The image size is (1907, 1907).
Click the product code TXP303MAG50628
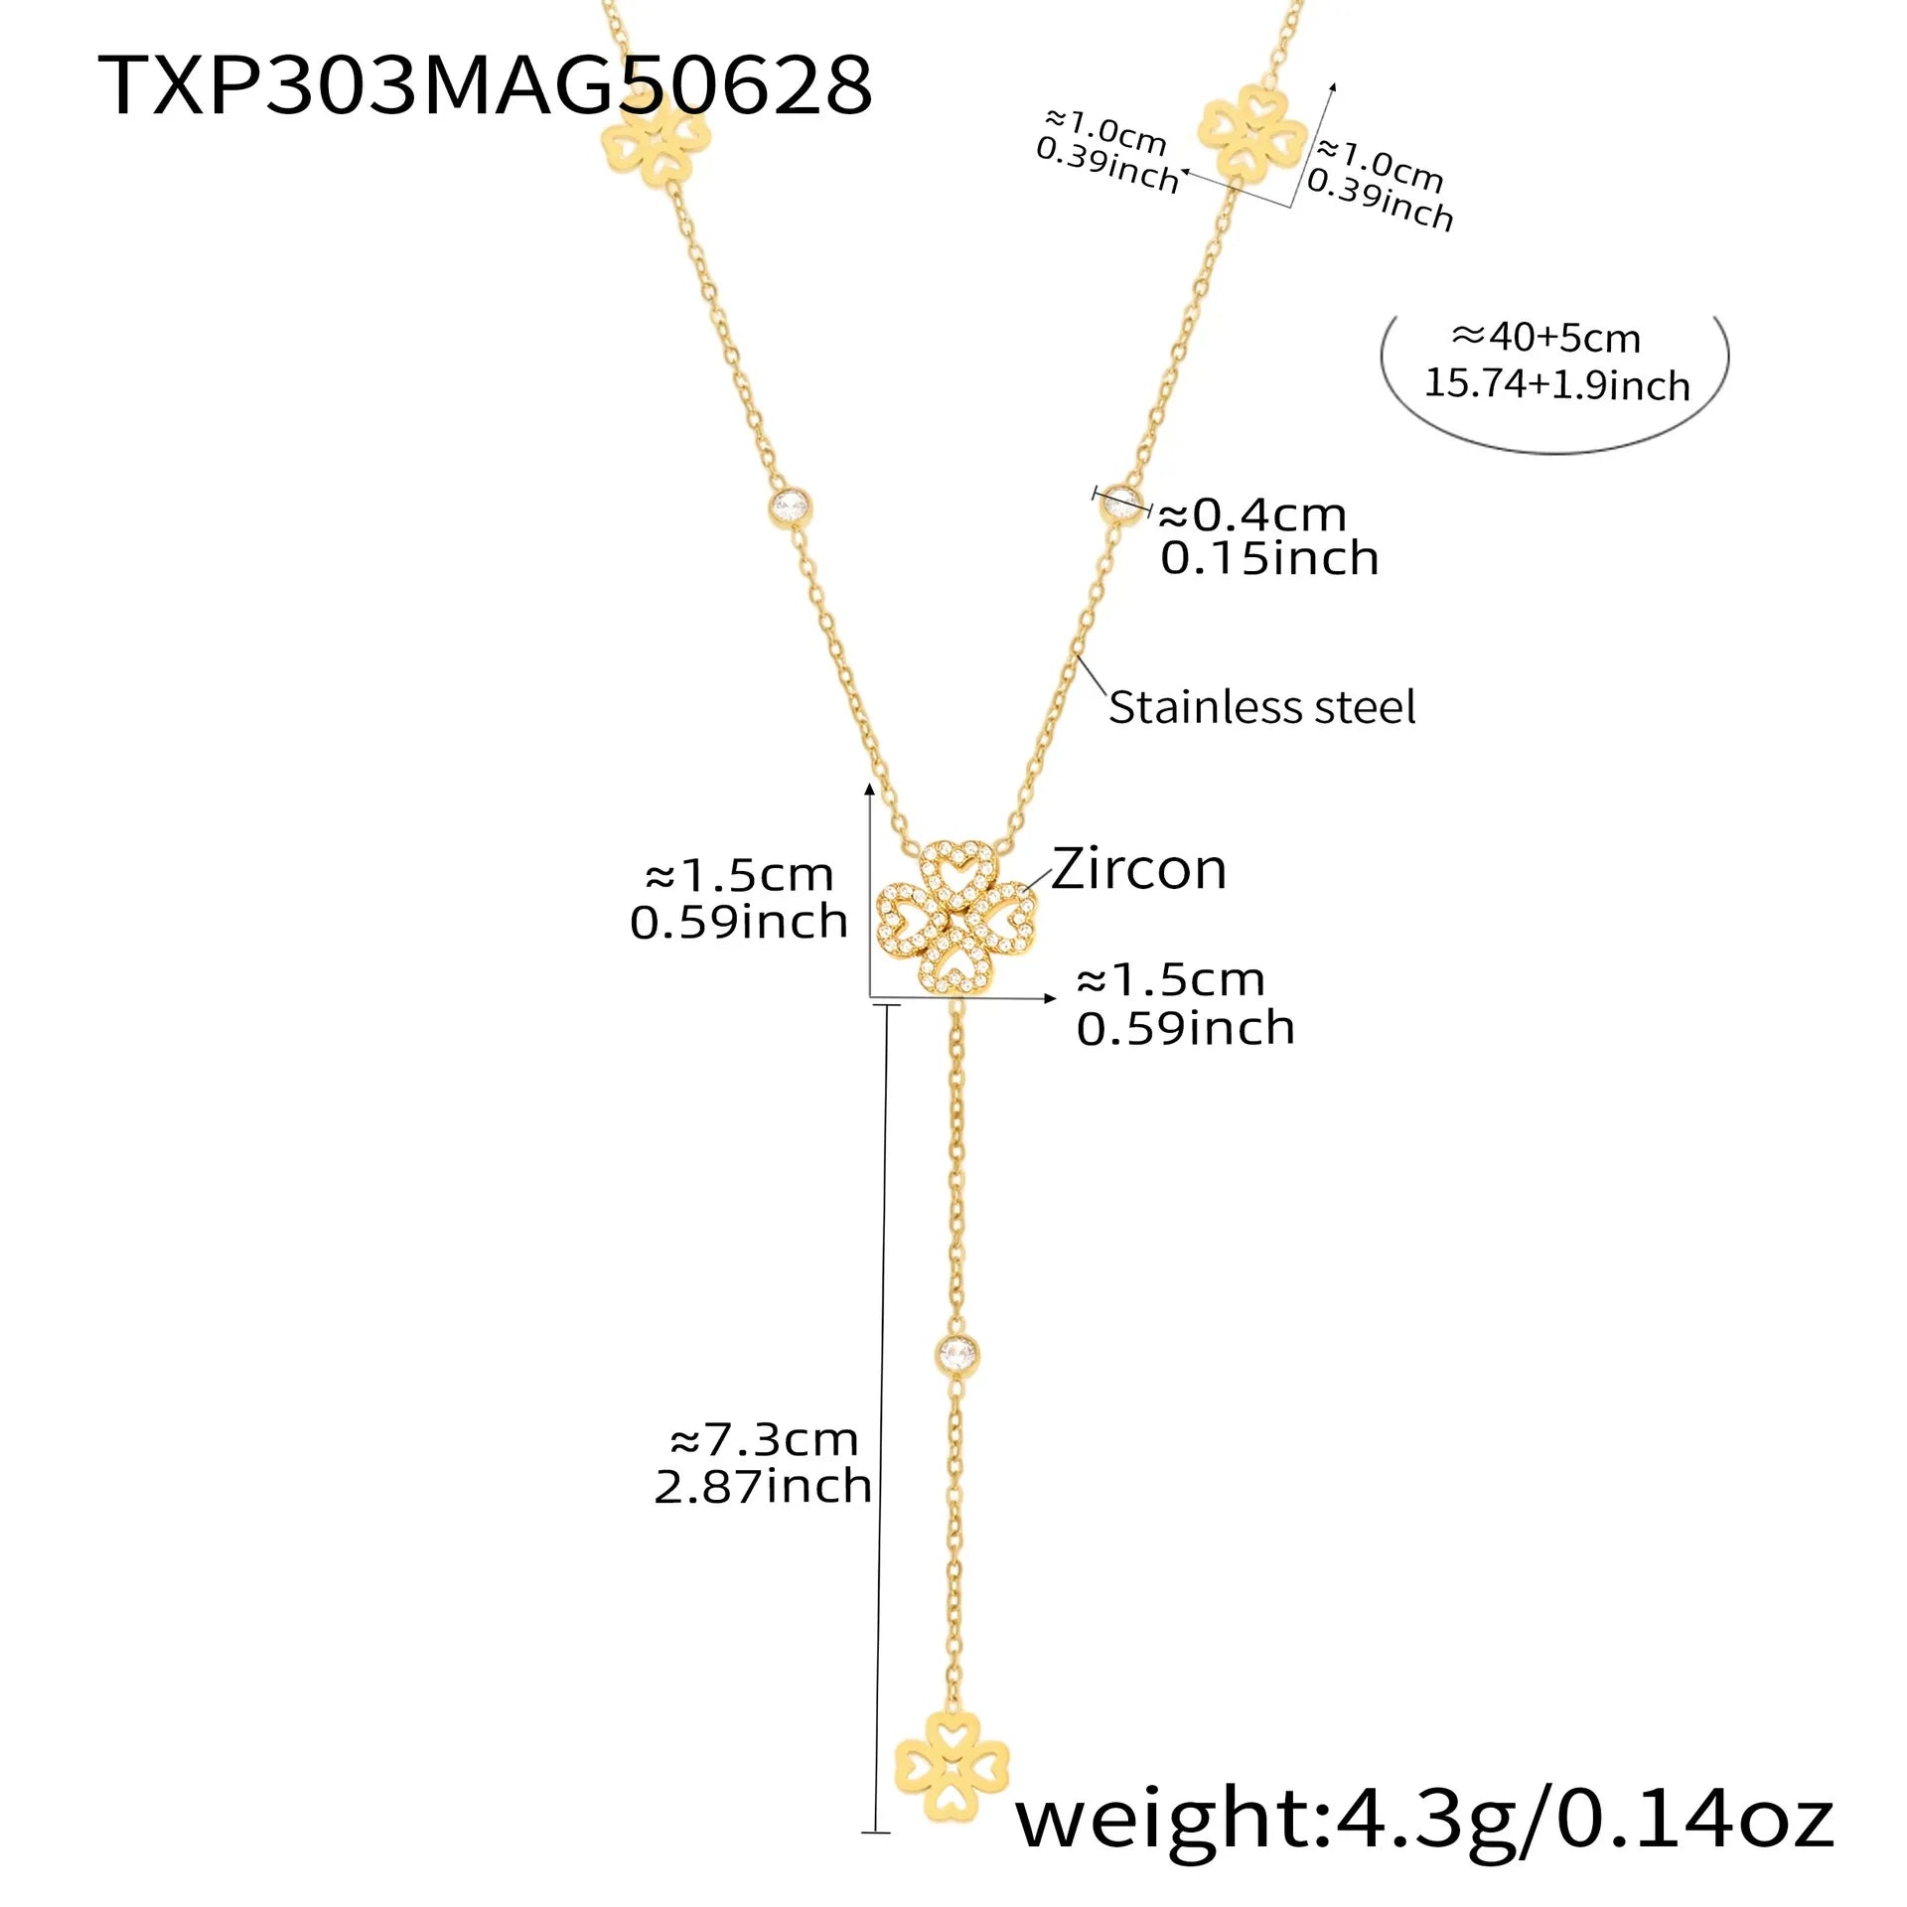point(485,86)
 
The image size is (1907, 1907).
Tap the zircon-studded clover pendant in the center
point(955,917)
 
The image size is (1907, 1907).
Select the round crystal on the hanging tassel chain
point(956,1352)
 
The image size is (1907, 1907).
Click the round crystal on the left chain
point(791,509)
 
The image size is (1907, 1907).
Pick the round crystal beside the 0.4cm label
point(1122,504)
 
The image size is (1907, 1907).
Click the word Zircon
point(1139,870)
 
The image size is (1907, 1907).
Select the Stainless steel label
point(1261,708)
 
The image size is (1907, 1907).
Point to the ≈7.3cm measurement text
point(764,1440)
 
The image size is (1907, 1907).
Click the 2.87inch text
point(763,1487)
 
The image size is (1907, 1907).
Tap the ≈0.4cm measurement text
point(1252,514)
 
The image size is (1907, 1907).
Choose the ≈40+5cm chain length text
point(1545,339)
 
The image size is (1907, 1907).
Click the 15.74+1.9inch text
point(1556,384)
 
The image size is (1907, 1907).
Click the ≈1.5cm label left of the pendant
point(739,876)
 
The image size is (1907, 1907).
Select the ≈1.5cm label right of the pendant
point(1171,980)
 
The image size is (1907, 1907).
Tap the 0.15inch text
point(1269,559)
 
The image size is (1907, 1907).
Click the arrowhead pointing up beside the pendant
point(869,791)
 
